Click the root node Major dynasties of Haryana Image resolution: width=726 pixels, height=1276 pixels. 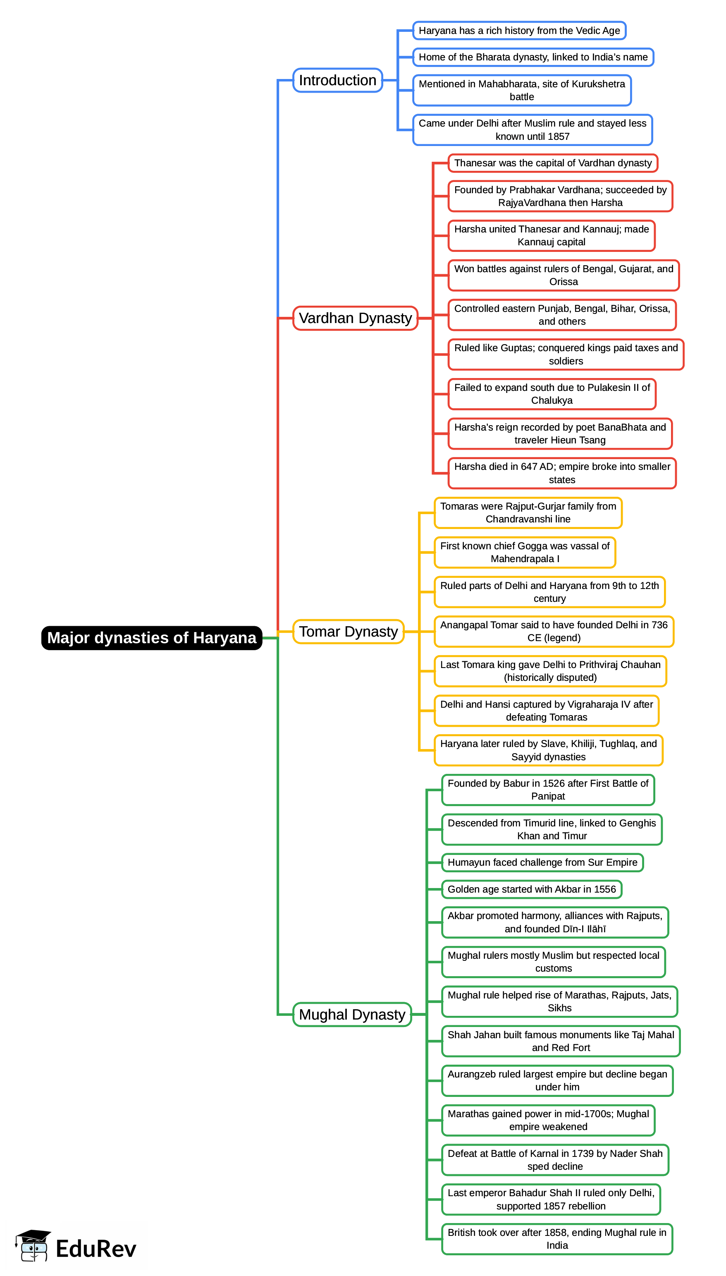[x=152, y=637]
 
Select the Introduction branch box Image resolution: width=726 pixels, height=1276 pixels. [x=337, y=80]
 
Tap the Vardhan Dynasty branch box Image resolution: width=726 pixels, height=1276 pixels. [x=355, y=318]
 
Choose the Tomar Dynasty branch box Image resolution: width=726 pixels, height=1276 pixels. [x=348, y=632]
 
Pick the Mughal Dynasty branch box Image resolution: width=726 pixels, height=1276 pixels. [x=352, y=1014]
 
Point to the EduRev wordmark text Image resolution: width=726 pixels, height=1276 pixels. [x=96, y=1249]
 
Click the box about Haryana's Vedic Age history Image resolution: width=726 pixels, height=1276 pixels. [x=519, y=31]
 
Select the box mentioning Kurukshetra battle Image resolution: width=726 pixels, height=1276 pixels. [x=522, y=90]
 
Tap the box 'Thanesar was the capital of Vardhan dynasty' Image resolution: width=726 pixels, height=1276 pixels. [x=552, y=163]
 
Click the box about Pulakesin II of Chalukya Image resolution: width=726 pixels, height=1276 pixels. [x=552, y=394]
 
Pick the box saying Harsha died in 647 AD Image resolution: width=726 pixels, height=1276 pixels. [x=562, y=473]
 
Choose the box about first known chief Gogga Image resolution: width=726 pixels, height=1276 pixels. [x=525, y=552]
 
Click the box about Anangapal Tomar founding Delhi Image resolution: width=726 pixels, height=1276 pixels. [x=554, y=632]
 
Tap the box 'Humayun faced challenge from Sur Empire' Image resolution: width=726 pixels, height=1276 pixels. [x=542, y=862]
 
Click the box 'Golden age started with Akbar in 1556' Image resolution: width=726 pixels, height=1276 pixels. [x=532, y=889]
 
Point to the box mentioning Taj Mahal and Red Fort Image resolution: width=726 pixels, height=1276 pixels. [x=561, y=1041]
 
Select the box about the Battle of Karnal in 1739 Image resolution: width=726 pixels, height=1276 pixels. [x=555, y=1160]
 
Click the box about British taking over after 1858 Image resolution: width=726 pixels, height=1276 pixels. [x=556, y=1239]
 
